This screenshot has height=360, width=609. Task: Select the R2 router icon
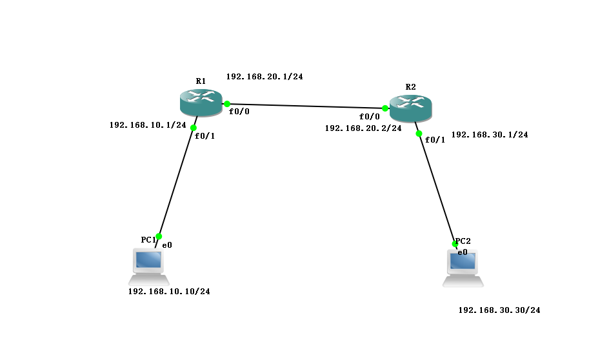click(x=410, y=106)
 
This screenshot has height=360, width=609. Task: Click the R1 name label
click(x=201, y=81)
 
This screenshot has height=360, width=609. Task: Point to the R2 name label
click(x=411, y=86)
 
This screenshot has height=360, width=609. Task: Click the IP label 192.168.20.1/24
click(x=265, y=76)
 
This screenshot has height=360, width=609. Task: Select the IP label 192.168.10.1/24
click(x=148, y=125)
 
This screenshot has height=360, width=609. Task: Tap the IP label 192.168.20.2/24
click(x=363, y=128)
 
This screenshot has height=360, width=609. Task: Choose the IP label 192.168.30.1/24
click(x=490, y=135)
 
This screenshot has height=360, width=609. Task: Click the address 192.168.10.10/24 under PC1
click(x=169, y=292)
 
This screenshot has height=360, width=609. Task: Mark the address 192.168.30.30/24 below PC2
click(x=499, y=310)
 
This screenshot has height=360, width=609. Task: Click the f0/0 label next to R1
click(x=239, y=112)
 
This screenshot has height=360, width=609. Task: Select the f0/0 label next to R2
click(x=370, y=117)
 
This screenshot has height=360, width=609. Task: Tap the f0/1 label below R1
click(x=205, y=136)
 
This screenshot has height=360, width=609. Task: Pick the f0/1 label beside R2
click(x=435, y=140)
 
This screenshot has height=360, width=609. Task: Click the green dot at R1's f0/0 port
click(x=227, y=103)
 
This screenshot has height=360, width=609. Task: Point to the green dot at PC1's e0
click(x=159, y=236)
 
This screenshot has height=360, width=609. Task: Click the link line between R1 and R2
click(x=306, y=106)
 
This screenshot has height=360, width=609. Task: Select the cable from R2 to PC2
click(x=437, y=188)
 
